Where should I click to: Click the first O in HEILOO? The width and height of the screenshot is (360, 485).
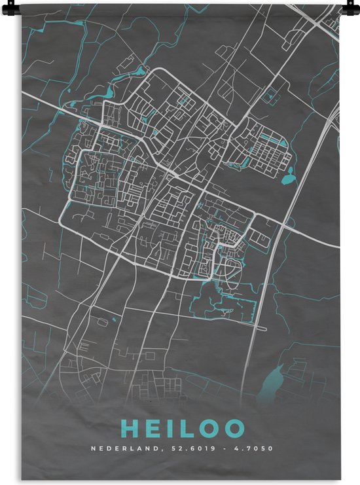pyautogui.click(x=210, y=429)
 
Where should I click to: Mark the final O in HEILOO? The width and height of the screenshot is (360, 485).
pyautogui.click(x=236, y=429)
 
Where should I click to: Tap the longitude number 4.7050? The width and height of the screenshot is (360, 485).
pyautogui.click(x=255, y=449)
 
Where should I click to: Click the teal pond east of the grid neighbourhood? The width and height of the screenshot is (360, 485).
pyautogui.click(x=289, y=175)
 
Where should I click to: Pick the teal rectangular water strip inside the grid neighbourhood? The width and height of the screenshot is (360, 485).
pyautogui.click(x=270, y=138)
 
